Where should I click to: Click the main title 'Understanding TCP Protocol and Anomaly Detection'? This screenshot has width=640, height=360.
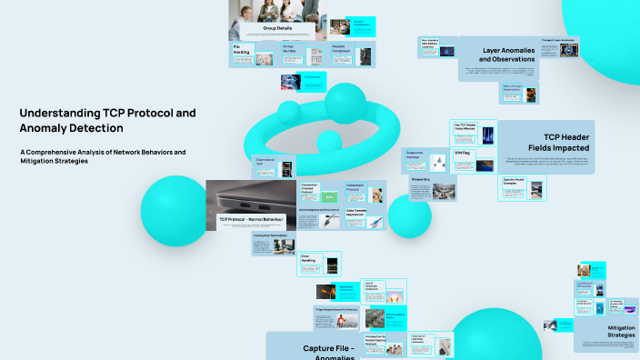click(107, 120)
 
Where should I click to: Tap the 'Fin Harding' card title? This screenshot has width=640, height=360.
click(241, 49)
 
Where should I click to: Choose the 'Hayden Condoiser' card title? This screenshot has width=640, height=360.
click(341, 49)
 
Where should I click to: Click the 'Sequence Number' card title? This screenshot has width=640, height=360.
click(415, 156)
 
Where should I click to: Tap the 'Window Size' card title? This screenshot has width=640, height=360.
click(420, 180)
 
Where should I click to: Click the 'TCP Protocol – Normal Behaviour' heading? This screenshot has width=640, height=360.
click(252, 219)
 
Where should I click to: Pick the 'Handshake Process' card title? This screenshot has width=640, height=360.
click(355, 187)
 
